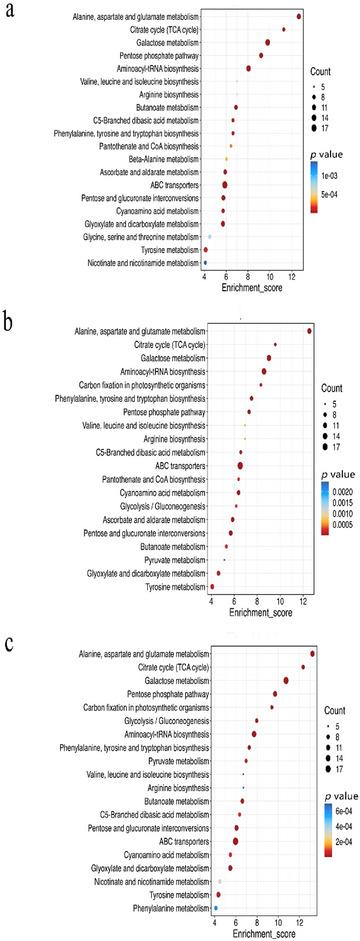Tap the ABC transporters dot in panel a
224,185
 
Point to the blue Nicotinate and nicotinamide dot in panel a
206,263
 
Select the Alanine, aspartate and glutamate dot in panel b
310,331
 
